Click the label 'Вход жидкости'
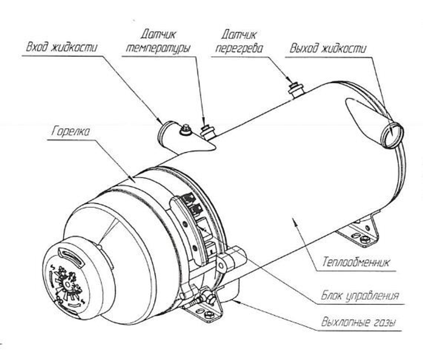[61, 47]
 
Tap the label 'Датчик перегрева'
[239, 41]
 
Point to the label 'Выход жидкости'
[328, 48]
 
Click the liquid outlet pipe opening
[393, 135]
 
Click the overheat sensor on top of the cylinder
[296, 88]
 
